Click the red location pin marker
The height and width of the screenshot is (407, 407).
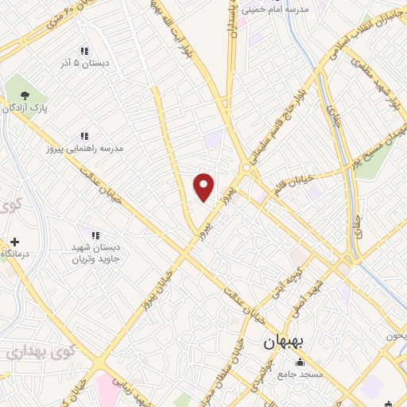(204, 187)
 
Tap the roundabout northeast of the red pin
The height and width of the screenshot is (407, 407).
(246, 169)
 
